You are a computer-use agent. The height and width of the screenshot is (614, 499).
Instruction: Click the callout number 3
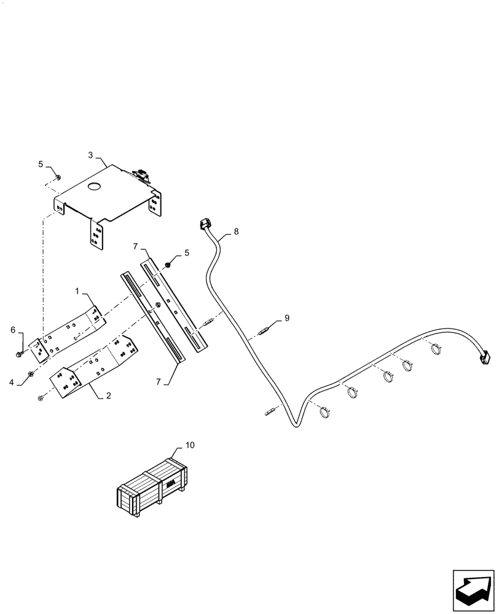point(90,156)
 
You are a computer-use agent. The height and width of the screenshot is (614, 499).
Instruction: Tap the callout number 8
point(237,232)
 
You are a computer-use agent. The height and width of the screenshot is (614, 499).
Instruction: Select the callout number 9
point(286,318)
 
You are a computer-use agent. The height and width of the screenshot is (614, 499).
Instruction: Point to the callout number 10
point(189,445)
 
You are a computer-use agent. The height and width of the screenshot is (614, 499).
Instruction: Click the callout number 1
point(77,289)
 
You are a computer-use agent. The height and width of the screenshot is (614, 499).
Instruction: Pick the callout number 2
point(108,396)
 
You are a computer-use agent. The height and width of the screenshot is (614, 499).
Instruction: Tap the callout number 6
point(14,330)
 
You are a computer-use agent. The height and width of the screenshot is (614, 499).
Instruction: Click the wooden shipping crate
point(152,483)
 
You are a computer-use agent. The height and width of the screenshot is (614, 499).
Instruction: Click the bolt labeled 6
point(21,354)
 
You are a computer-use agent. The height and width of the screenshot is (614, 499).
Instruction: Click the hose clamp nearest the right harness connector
point(436,349)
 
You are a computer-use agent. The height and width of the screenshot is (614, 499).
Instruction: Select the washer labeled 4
point(31,374)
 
